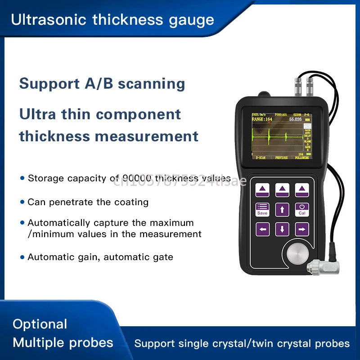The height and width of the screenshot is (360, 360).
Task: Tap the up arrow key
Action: pyautogui.click(x=282, y=209)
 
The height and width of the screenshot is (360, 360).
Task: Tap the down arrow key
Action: pyautogui.click(x=282, y=229)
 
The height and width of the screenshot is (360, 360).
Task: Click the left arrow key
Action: pyautogui.click(x=262, y=229)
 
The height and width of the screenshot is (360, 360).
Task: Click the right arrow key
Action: pyautogui.click(x=302, y=229)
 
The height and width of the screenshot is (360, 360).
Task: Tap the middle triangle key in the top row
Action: pyautogui.click(x=282, y=189)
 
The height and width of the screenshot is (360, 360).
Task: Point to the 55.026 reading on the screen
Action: pyautogui.click(x=295, y=120)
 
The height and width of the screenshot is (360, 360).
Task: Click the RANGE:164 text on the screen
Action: pyautogui.click(x=262, y=120)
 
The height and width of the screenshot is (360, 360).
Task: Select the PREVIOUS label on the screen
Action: pyautogui.click(x=282, y=158)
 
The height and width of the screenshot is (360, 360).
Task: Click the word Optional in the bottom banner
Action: pyautogui.click(x=40, y=324)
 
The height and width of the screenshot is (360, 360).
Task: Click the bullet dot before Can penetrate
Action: pyautogui.click(x=22, y=202)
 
